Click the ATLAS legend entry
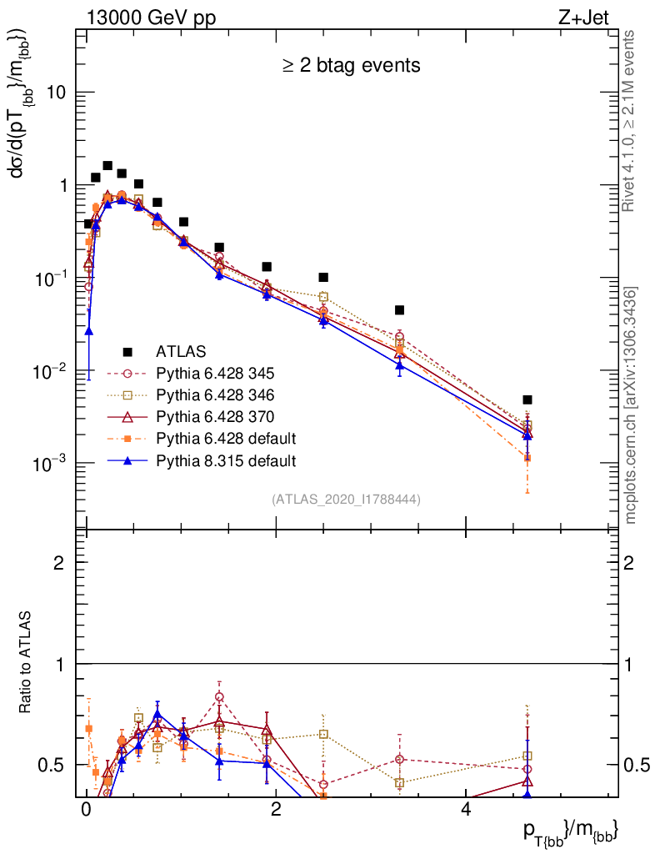click(180, 351)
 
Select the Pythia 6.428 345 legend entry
click(216, 373)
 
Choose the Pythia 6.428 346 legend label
click(216, 394)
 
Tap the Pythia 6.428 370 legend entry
click(216, 416)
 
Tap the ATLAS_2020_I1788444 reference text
click(346, 500)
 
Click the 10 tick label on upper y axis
click(55, 93)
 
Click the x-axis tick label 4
click(466, 810)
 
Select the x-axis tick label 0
click(86, 810)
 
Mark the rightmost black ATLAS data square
click(527, 400)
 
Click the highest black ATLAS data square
click(107, 166)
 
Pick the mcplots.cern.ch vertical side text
click(632, 405)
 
